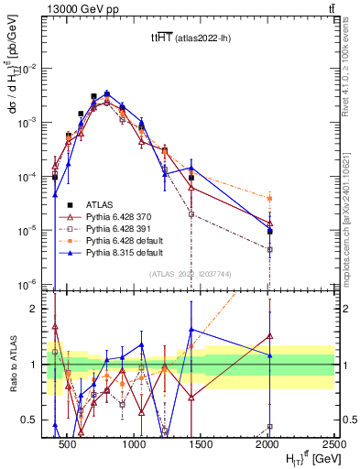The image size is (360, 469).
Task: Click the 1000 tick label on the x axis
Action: [135, 444]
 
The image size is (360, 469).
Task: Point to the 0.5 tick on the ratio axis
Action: [37, 420]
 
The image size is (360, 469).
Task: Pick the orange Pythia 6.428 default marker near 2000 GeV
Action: [269, 198]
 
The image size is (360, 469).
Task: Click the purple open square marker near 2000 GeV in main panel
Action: [269, 249]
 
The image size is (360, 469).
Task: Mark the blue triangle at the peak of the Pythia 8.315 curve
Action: [107, 93]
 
